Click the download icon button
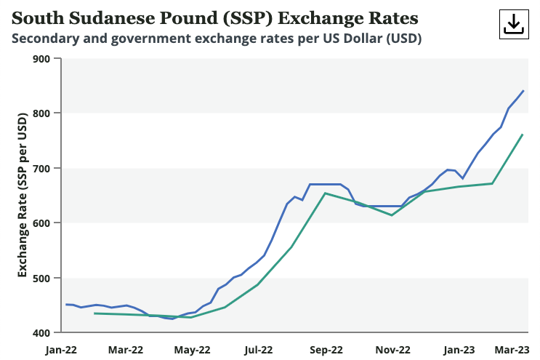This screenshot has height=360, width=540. coord(513,24)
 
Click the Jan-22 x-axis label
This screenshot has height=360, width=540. coord(61,350)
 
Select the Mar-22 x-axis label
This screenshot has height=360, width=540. coord(126,350)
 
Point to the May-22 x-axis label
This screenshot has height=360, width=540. coord(193,350)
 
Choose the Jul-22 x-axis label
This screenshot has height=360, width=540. coord(259,350)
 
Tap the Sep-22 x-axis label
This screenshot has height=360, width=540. coord(327,350)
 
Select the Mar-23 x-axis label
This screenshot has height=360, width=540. coord(512,350)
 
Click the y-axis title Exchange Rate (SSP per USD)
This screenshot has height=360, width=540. coord(23,195)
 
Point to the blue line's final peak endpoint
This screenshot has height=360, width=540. coord(523,91)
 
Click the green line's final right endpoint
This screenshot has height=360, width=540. coord(523,135)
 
